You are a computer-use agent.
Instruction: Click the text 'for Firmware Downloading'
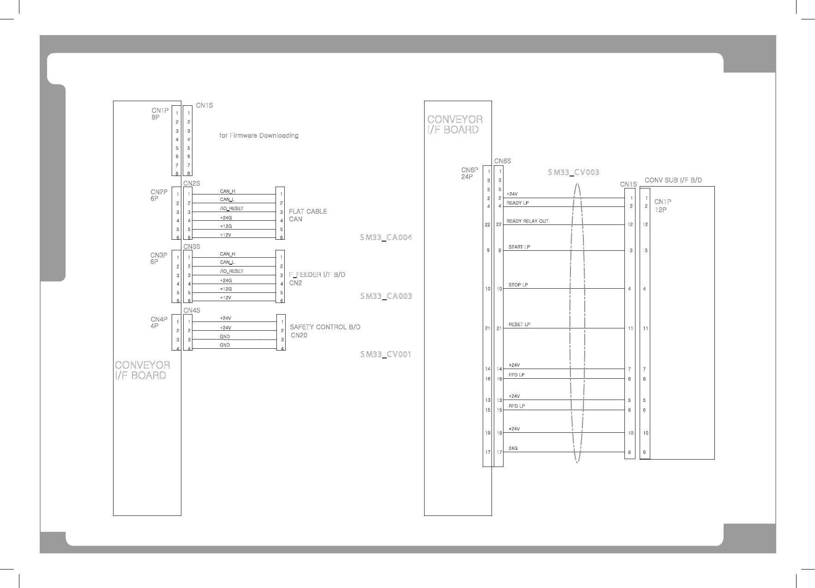point(258,136)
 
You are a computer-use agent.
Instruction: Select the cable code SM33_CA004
point(385,238)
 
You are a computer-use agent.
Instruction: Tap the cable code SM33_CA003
point(385,296)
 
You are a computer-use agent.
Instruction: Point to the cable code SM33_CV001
point(385,355)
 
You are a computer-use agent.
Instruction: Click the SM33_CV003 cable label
point(573,172)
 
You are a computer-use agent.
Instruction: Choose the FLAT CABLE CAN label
point(308,215)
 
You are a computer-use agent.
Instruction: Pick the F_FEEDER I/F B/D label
point(317,275)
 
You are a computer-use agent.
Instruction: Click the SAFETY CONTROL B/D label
point(325,327)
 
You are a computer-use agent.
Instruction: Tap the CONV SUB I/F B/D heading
point(673,180)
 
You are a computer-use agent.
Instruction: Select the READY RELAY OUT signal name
point(527,221)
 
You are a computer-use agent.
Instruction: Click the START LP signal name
point(519,247)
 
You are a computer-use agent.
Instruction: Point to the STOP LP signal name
point(518,285)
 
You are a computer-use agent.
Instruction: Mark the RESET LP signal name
point(519,324)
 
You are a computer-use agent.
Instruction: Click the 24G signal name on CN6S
point(513,449)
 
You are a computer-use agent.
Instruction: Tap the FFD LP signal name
point(516,375)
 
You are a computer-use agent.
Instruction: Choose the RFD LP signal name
point(516,406)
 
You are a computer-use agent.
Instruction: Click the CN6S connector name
point(503,161)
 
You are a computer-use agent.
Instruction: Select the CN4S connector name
point(192,310)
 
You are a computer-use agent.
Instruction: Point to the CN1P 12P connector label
point(662,206)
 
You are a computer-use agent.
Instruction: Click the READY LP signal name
point(517,203)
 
